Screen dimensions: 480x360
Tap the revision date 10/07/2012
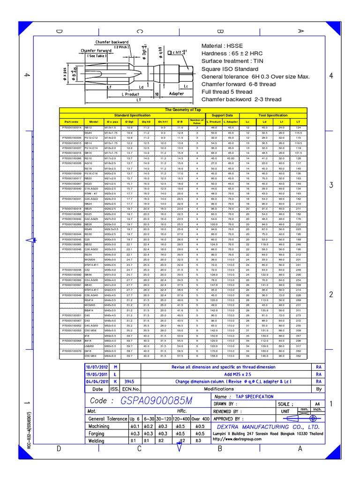pos(97,366)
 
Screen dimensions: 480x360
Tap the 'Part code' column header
pos(71,121)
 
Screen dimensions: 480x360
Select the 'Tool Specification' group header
pos(280,114)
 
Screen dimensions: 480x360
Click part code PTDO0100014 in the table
pos(71,127)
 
